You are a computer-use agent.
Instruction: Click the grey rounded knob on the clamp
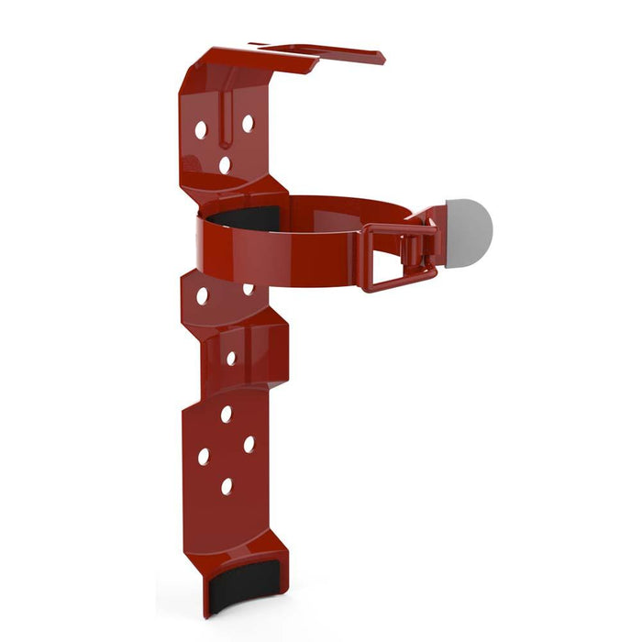[469, 229]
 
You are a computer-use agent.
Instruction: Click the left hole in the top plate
[201, 130]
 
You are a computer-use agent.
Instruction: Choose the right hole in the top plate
[248, 123]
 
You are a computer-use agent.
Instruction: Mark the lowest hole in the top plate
[225, 165]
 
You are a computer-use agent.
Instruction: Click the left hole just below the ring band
[202, 296]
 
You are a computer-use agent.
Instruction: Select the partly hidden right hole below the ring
[248, 289]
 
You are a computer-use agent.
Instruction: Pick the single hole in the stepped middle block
[231, 359]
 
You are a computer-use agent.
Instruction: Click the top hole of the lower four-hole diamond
[226, 415]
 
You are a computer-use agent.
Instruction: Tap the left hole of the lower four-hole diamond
[204, 456]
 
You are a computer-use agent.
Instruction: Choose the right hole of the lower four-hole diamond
[249, 444]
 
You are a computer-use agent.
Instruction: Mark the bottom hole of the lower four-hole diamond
[227, 486]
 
